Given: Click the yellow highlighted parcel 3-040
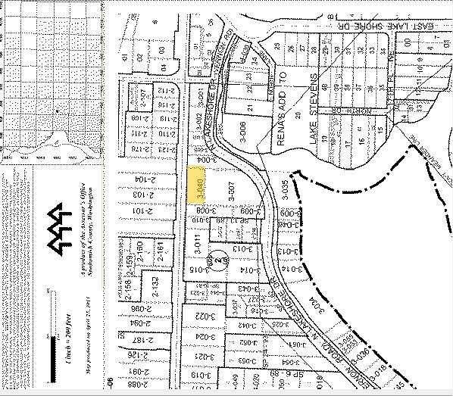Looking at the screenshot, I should [x=195, y=184].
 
